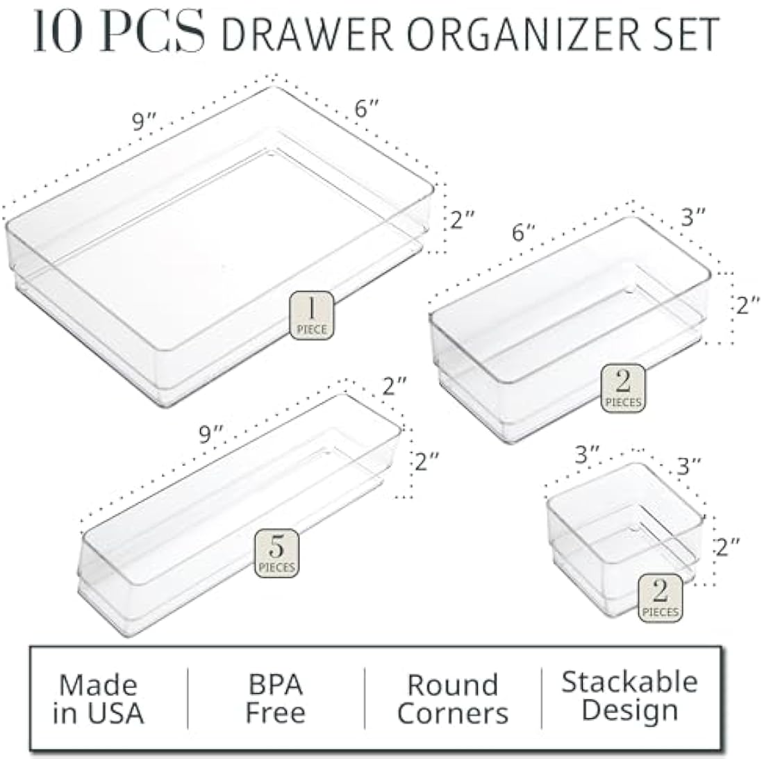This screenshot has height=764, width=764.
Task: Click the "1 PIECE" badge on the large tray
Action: pos(312,316)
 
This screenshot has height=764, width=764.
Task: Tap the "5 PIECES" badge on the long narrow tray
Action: pos(277,554)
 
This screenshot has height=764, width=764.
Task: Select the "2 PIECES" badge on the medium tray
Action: pos(623,388)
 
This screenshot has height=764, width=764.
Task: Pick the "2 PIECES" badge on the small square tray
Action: pos(661,598)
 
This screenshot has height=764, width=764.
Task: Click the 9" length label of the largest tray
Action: pos(144,122)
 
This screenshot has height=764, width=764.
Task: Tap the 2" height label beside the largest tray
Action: pos(462,220)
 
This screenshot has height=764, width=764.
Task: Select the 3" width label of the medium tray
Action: pos(692,217)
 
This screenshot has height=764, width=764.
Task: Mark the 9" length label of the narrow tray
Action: pos(210,435)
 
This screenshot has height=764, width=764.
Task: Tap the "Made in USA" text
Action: pos(99,699)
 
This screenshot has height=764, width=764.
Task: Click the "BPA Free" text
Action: pos(275,699)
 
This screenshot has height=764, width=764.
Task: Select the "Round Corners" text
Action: pos(453,699)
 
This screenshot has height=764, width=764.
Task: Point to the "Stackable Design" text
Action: pos(629,696)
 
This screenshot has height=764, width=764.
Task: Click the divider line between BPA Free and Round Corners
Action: pos(365,699)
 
